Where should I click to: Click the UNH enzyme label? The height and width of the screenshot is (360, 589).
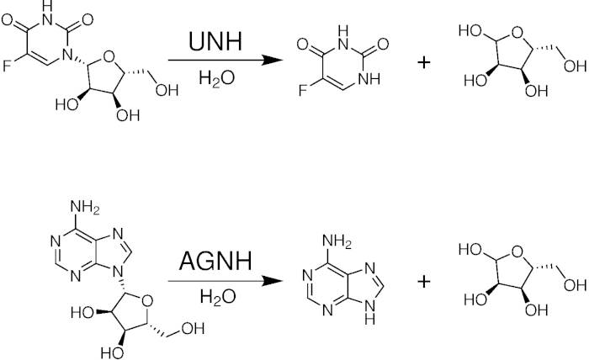click(x=215, y=41)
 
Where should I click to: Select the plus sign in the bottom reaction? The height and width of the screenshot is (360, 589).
click(x=423, y=280)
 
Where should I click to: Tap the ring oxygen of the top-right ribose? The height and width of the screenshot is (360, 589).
click(x=514, y=35)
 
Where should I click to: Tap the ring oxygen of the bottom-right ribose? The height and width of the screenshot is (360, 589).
click(x=514, y=253)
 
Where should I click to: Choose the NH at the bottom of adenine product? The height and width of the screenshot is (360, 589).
click(x=384, y=317)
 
